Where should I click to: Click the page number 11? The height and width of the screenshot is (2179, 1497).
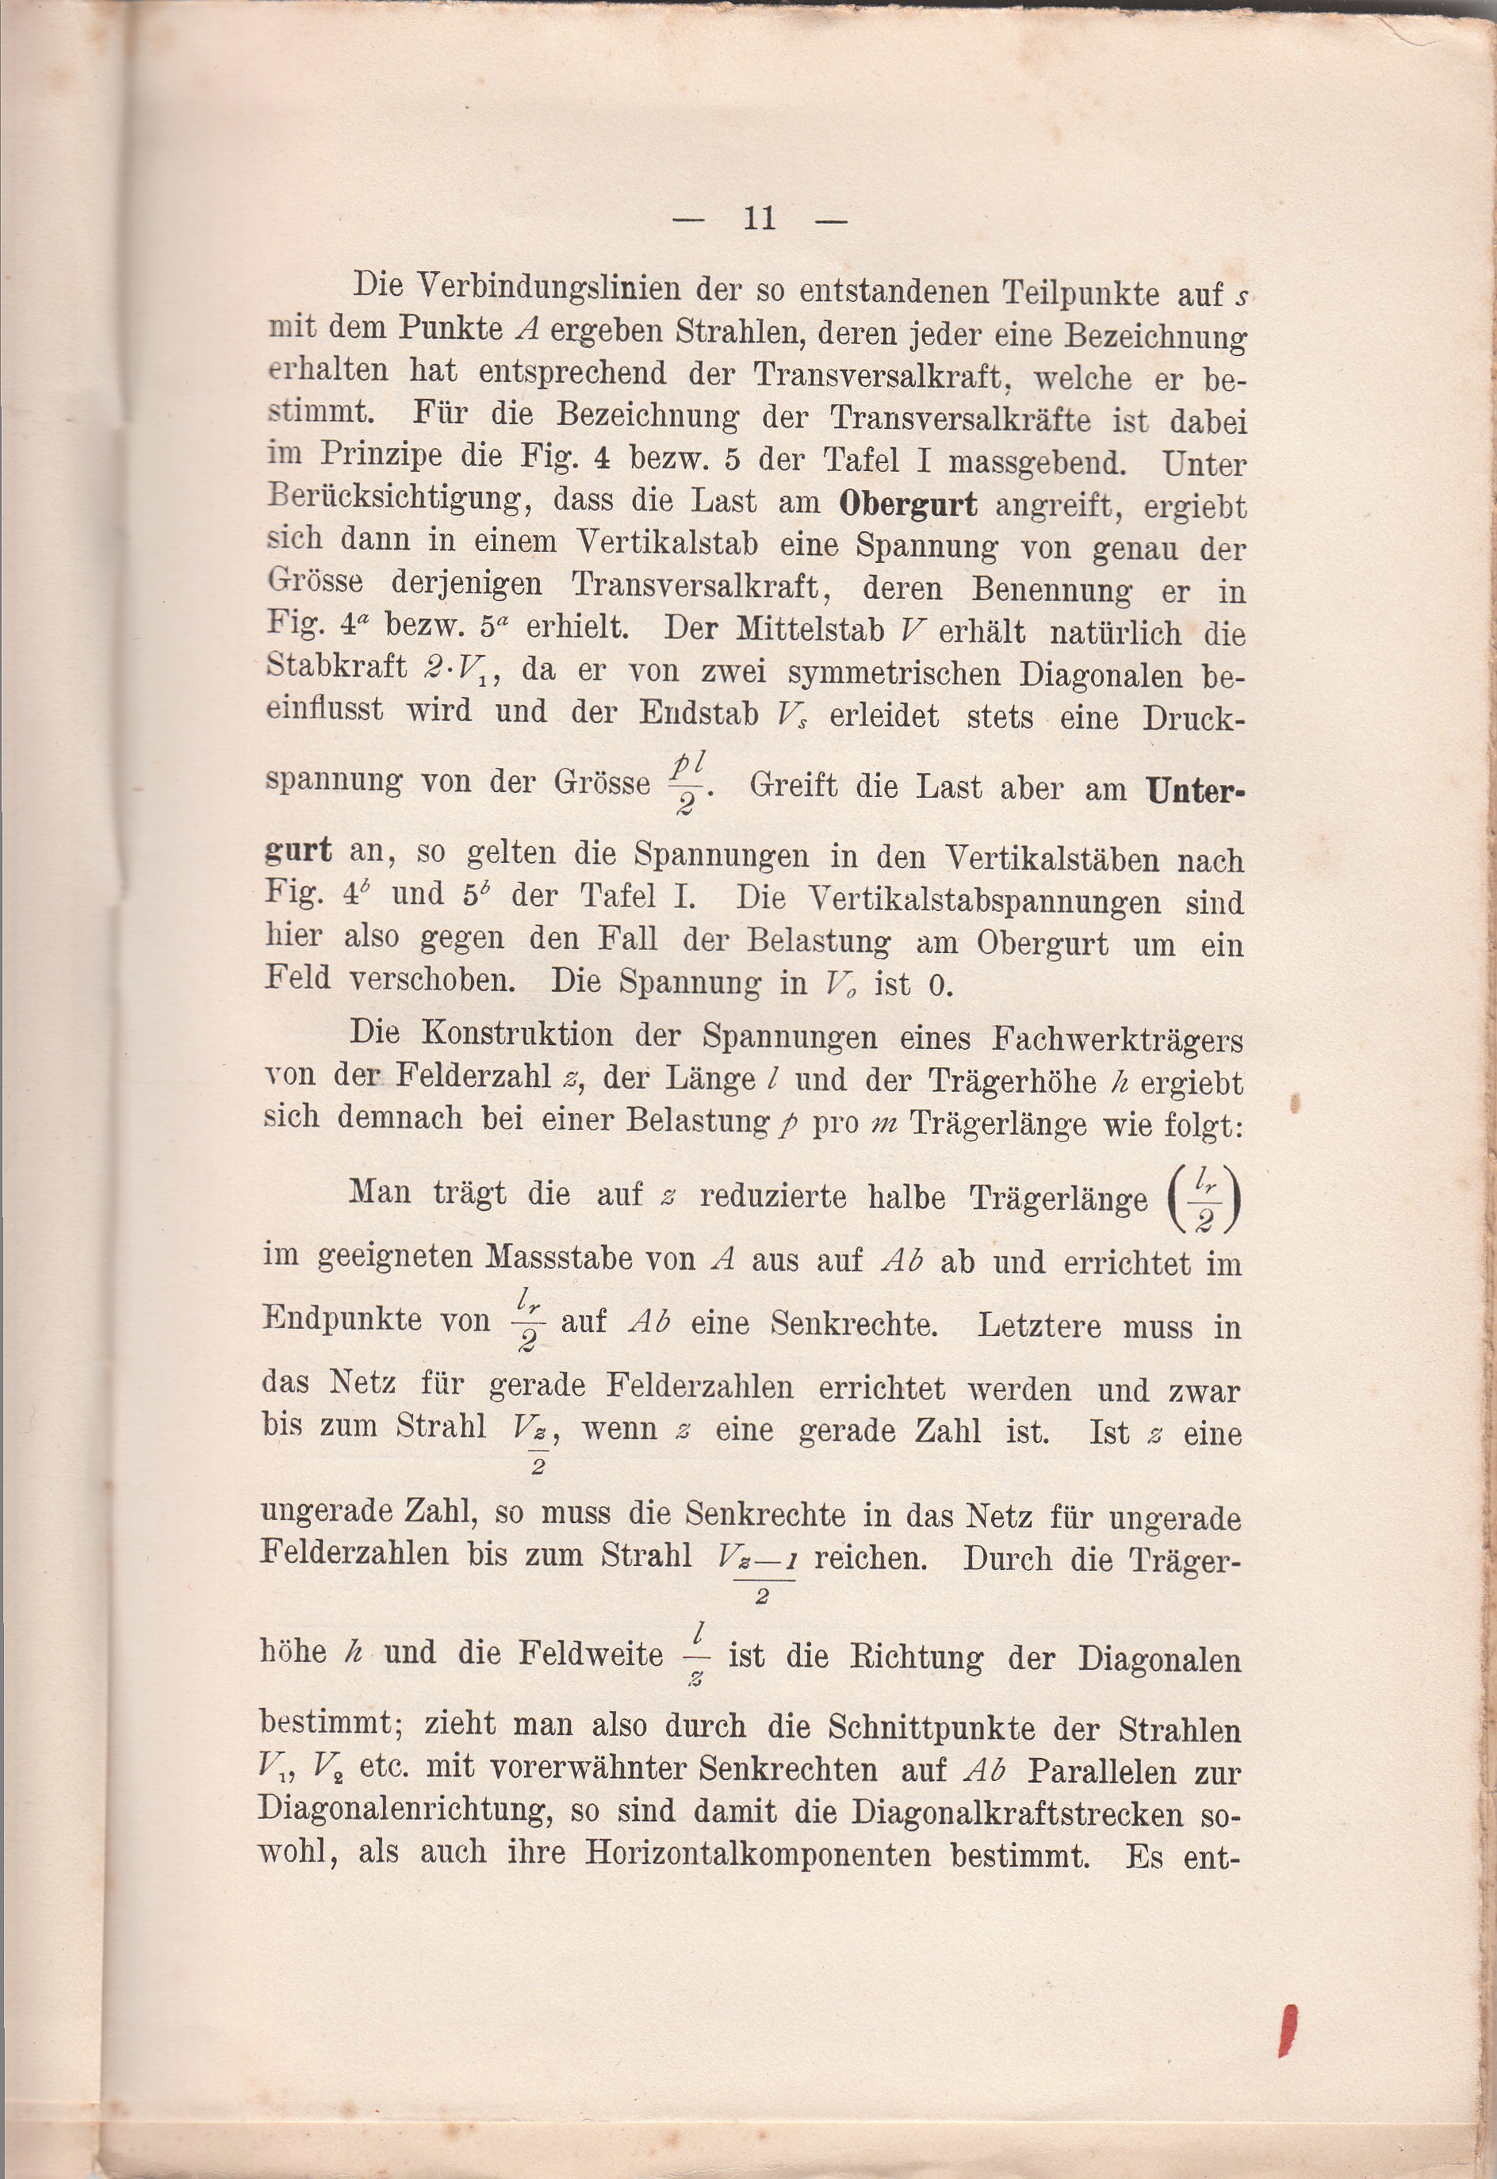[x=759, y=219]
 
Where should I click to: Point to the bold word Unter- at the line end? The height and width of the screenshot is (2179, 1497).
[x=1195, y=791]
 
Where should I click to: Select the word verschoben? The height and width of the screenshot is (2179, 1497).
[x=431, y=979]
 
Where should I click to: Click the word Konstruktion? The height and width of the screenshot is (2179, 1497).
[x=517, y=1034]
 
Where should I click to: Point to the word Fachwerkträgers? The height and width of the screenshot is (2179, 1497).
[x=1117, y=1040]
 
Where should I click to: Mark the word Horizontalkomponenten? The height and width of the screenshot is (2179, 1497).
[x=758, y=1855]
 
